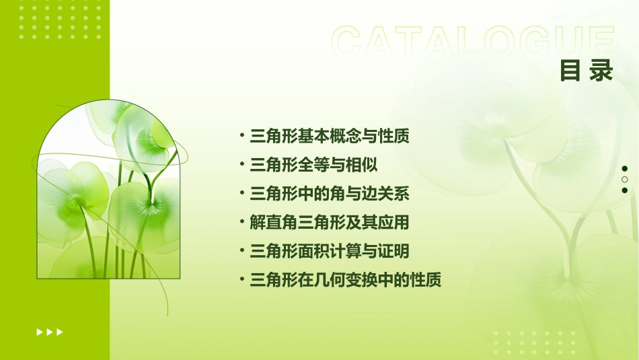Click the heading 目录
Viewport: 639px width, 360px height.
tap(587, 71)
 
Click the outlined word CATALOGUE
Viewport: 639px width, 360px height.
tap(473, 42)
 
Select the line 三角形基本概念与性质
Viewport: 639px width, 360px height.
tap(329, 137)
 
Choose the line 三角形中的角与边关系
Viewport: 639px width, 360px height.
tap(329, 194)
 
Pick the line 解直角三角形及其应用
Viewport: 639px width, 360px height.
tap(329, 223)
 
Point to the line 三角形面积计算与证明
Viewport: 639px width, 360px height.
tap(329, 252)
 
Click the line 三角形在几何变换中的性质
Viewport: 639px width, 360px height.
tap(345, 281)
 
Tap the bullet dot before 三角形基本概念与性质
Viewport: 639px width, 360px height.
tap(242, 136)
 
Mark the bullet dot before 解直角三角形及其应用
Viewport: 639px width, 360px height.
tap(242, 222)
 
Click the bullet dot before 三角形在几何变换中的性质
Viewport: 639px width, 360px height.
tap(242, 280)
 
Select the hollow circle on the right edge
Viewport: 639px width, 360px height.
tap(625, 180)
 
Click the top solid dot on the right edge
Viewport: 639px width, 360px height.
tap(625, 168)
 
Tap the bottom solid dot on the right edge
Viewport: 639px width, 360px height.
tap(625, 190)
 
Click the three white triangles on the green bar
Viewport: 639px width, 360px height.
tap(50, 332)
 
